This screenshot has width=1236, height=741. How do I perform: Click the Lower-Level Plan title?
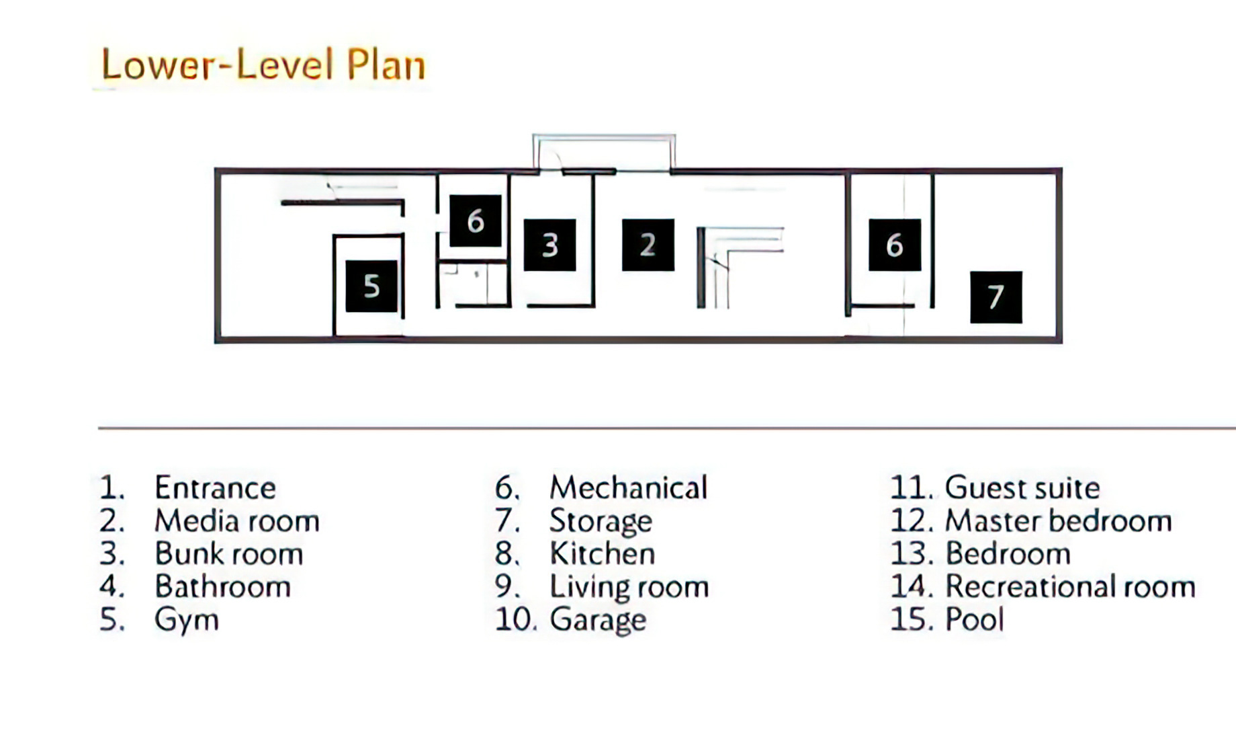point(263,65)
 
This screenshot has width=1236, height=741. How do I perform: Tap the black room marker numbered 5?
point(371,286)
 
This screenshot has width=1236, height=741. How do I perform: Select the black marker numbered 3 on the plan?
point(549,245)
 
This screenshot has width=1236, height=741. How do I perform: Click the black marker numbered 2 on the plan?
point(648,245)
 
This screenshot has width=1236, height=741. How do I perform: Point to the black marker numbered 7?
point(996,297)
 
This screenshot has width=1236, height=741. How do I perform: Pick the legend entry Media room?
point(237,521)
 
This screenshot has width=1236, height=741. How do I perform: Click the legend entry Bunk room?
point(229,554)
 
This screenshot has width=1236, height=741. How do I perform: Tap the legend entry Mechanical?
point(629,488)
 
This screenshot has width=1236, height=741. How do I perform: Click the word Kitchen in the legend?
point(603,554)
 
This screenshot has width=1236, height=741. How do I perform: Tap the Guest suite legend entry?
point(1022,488)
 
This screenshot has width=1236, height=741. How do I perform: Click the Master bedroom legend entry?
point(1059,521)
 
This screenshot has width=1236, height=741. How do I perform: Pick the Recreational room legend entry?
point(1071,587)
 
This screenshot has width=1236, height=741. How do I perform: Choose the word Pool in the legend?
point(975,620)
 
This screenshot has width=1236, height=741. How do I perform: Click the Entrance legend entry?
point(215,488)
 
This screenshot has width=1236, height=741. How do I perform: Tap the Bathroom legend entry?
point(223,587)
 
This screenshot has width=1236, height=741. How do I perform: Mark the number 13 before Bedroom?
point(912,554)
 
